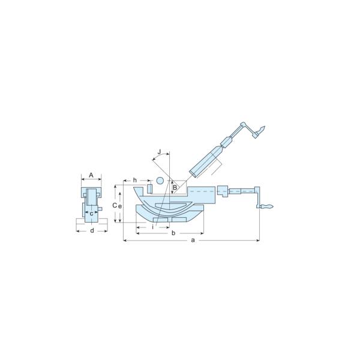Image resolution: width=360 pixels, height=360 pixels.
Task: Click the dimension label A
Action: point(91,175)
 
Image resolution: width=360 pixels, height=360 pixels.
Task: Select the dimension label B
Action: point(175,188)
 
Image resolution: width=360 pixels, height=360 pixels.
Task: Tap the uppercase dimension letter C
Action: point(115,205)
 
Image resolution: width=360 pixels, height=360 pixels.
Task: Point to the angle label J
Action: point(160,152)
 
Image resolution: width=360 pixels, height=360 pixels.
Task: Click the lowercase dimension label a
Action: point(193,240)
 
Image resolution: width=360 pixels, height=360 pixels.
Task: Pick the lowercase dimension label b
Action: point(173,233)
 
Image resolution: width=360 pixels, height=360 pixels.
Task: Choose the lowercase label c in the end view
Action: point(91,214)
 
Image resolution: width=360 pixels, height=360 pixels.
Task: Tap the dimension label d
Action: point(92,230)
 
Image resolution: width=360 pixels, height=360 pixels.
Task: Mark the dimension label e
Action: point(120,206)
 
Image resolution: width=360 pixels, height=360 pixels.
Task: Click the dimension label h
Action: point(135,180)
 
